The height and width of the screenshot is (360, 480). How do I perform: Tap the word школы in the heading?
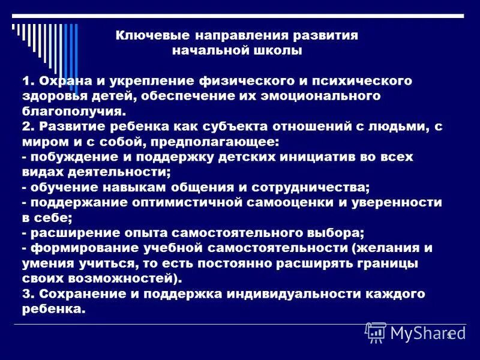(x=277, y=51)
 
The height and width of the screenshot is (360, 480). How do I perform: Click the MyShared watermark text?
(x=421, y=331)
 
